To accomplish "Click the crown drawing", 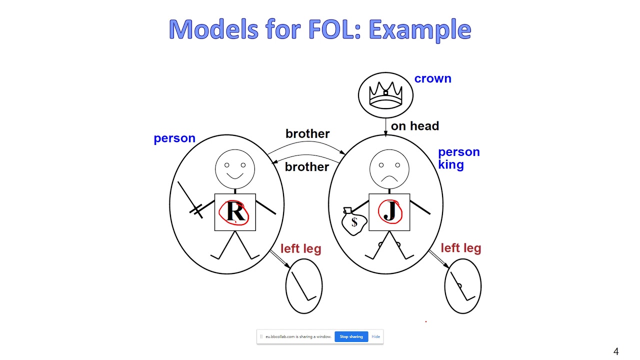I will click(x=385, y=94).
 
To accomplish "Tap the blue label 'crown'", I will click(x=432, y=78).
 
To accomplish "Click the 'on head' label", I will click(x=414, y=126).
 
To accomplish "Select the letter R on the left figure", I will click(x=235, y=212).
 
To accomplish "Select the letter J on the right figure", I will click(x=390, y=211).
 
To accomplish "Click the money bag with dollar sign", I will click(x=353, y=221).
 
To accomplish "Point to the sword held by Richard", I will click(x=190, y=199).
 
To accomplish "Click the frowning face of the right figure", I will click(x=389, y=168).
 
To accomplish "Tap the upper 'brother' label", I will click(x=307, y=133).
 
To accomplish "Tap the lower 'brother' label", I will click(x=307, y=166).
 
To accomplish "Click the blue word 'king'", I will click(x=450, y=164).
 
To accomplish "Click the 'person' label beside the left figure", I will click(x=174, y=138).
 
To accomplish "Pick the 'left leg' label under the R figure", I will click(x=300, y=248).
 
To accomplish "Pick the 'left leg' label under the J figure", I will click(x=460, y=248).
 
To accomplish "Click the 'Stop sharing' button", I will click(x=351, y=336).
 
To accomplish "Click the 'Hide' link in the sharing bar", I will click(x=375, y=336).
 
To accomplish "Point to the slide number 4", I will click(x=616, y=351).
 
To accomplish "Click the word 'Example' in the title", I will click(x=419, y=29).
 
